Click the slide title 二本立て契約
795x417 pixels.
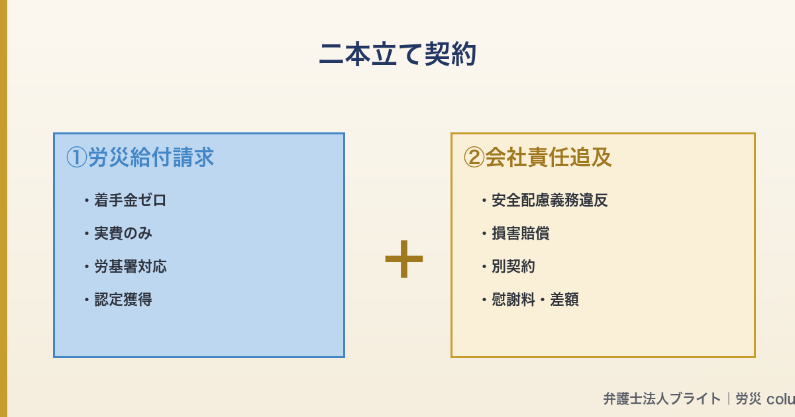[x=397, y=55]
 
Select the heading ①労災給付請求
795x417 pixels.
[x=140, y=158]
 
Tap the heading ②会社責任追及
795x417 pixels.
[x=537, y=158]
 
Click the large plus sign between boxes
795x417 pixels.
[x=403, y=259]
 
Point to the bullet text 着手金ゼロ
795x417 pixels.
[x=130, y=201]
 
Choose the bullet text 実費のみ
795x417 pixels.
[x=123, y=234]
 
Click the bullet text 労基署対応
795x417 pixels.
[x=130, y=267]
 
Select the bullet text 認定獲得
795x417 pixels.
[x=123, y=300]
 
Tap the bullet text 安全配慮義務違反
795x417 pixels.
[x=549, y=201]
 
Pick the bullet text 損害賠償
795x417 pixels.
[x=520, y=234]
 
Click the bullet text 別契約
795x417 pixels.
[x=513, y=267]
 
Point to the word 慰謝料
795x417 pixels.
[x=513, y=300]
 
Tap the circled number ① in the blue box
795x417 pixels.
[x=76, y=158]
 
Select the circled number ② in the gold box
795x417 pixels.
[x=474, y=158]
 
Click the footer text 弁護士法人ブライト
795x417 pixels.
[x=661, y=399]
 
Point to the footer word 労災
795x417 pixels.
[x=749, y=399]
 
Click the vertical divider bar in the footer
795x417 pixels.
[x=728, y=399]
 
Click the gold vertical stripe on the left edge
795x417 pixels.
[x=3, y=208]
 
